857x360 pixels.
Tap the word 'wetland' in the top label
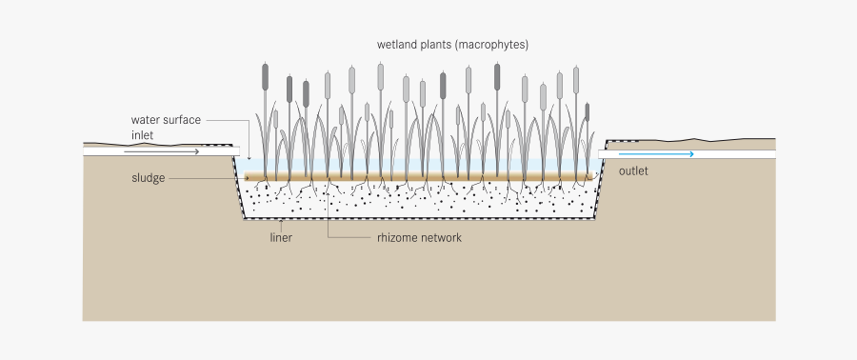[399, 45]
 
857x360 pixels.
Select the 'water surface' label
[166, 120]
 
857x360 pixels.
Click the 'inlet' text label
[143, 135]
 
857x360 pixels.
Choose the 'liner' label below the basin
[280, 237]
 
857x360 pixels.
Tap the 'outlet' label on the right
[633, 171]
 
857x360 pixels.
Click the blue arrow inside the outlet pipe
[656, 153]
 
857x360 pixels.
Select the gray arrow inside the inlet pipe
[170, 151]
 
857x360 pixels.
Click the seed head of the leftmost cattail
[266, 77]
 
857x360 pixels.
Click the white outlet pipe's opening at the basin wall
[602, 153]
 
